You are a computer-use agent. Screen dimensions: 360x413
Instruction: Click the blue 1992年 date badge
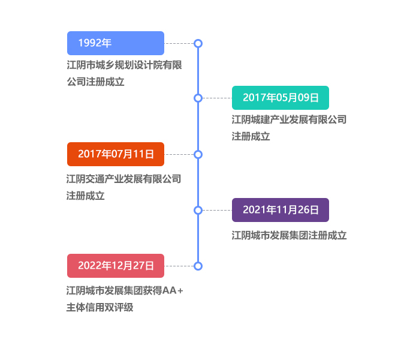click(x=115, y=43)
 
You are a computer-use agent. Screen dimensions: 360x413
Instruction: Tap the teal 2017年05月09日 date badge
click(x=280, y=98)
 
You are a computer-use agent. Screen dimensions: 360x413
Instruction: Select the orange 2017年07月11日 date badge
click(x=115, y=154)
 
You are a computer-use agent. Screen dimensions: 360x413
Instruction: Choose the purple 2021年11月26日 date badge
click(x=280, y=210)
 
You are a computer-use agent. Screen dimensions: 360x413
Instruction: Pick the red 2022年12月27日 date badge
click(x=115, y=265)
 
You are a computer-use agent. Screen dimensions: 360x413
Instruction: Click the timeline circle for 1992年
click(x=198, y=43)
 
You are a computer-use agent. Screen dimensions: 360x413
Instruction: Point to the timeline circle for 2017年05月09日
click(x=198, y=98)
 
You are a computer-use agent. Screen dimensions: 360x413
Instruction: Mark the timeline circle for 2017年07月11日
click(x=198, y=154)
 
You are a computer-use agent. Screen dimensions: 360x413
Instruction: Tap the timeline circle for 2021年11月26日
click(x=198, y=210)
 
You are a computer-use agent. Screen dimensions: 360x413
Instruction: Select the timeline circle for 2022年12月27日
click(x=198, y=265)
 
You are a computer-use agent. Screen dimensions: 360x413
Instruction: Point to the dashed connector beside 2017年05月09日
click(x=217, y=98)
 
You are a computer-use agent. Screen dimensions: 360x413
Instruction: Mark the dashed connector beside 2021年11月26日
click(x=217, y=210)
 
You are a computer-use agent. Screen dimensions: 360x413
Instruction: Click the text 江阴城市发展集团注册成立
click(x=289, y=235)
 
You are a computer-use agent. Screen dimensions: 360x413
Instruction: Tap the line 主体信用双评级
click(x=100, y=308)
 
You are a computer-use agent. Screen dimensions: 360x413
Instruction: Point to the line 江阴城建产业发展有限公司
click(x=289, y=119)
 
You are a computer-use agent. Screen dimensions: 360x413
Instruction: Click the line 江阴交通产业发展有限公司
click(x=123, y=179)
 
